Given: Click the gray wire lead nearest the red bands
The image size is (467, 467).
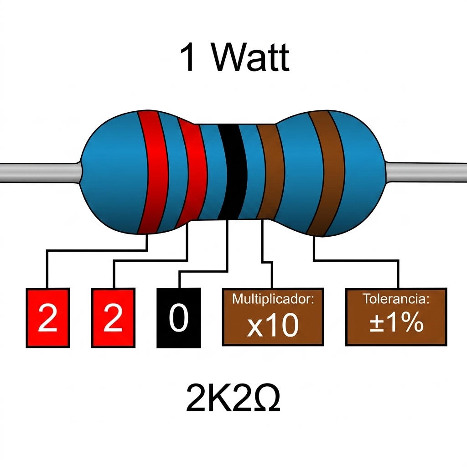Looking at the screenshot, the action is (40, 172).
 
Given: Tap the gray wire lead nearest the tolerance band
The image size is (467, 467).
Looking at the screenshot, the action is (426, 172).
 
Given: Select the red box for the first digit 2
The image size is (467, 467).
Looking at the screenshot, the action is (48, 317).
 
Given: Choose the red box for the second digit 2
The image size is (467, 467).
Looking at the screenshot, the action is (113, 317).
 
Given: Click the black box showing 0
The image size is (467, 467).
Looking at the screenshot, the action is (179, 317).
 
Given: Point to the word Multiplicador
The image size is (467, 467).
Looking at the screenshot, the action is (273, 299).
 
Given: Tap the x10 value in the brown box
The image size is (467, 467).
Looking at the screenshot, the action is (273, 325).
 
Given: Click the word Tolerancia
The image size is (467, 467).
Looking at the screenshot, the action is (396, 299).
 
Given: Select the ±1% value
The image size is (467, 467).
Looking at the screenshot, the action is (396, 322).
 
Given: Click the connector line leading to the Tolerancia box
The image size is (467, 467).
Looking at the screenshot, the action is (356, 260).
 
